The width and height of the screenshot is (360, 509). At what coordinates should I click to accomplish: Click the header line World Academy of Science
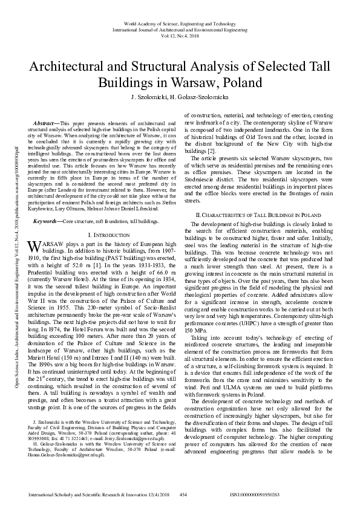(180, 22)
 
